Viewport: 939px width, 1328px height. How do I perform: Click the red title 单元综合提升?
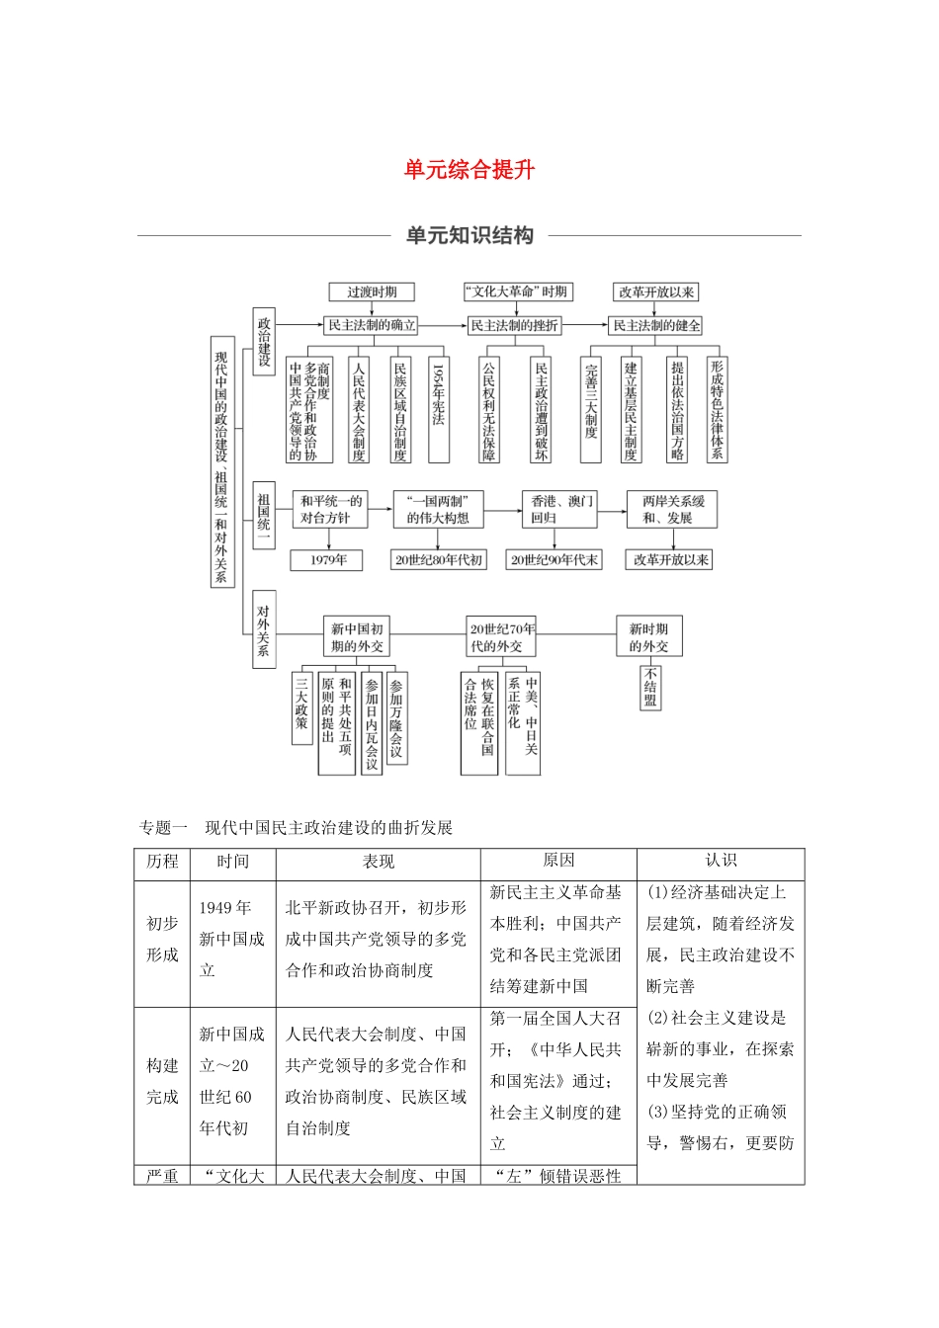pyautogui.click(x=469, y=170)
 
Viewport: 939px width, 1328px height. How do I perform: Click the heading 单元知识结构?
pyautogui.click(x=469, y=235)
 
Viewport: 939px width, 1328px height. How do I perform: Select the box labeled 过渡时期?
pyautogui.click(x=372, y=292)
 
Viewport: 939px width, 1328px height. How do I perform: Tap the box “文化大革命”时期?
pyautogui.click(x=517, y=292)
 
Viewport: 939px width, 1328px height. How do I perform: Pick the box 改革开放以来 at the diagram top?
pyautogui.click(x=656, y=292)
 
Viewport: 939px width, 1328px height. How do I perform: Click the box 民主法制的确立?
pyautogui.click(x=372, y=325)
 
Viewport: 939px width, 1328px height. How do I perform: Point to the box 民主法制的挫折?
pyautogui.click(x=514, y=325)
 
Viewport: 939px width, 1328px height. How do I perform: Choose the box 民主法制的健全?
pyautogui.click(x=656, y=325)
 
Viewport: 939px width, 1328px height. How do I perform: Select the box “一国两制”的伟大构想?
pyautogui.click(x=438, y=509)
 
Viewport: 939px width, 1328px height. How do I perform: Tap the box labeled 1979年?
pyautogui.click(x=328, y=560)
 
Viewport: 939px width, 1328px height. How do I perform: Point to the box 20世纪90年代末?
pyautogui.click(x=554, y=560)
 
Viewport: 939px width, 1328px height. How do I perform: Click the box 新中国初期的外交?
pyautogui.click(x=357, y=637)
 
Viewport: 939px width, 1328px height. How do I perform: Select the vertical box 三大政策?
pyautogui.click(x=301, y=708)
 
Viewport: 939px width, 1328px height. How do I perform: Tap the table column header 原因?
pyautogui.click(x=558, y=862)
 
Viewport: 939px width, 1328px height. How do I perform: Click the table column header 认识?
pyautogui.click(x=721, y=862)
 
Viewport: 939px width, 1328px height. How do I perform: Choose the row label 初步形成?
pyautogui.click(x=162, y=939)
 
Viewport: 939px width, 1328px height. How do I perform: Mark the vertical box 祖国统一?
pyautogui.click(x=264, y=512)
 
